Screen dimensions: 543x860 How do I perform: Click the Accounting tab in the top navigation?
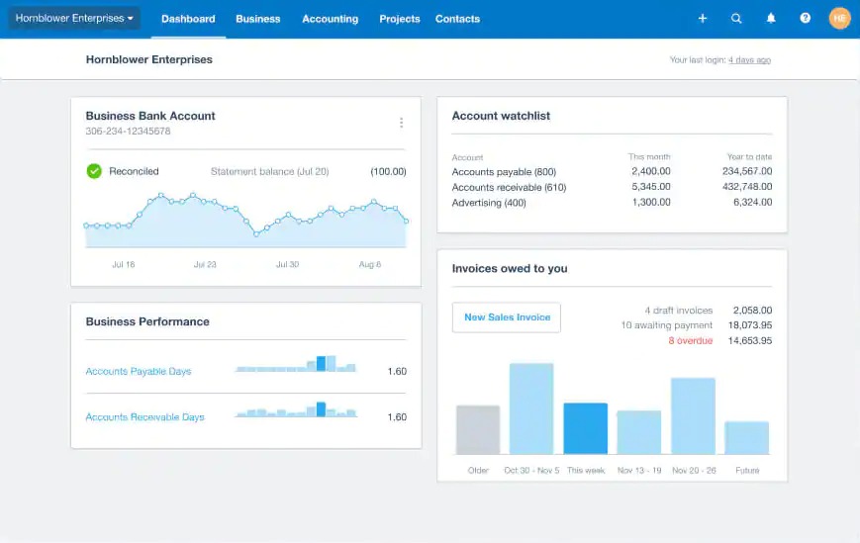330,19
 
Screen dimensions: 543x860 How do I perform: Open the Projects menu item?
399,19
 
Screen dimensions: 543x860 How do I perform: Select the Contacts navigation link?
457,19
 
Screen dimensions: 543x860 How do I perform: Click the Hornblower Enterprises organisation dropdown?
74,18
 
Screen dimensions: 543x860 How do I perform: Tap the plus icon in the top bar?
703,19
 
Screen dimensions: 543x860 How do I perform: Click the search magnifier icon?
736,19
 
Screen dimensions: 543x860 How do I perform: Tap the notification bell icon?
771,19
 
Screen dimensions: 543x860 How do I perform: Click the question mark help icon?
806,19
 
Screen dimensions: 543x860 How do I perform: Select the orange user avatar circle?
839,19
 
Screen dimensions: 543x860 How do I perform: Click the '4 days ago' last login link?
749,60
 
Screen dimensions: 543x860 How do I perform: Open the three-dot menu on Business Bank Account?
401,123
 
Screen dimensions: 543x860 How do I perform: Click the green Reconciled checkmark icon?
94,171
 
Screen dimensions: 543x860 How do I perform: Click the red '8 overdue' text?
690,340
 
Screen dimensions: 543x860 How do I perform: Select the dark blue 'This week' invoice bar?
586,428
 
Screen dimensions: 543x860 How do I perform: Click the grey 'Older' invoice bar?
478,429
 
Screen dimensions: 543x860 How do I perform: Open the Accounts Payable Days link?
139,372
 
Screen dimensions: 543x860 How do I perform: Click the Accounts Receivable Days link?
144,417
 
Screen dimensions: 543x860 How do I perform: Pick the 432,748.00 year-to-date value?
747,187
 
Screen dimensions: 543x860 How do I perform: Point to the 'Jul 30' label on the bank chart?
287,264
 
